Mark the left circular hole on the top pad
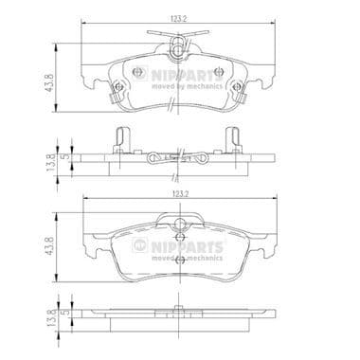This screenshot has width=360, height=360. coord(137,73)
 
